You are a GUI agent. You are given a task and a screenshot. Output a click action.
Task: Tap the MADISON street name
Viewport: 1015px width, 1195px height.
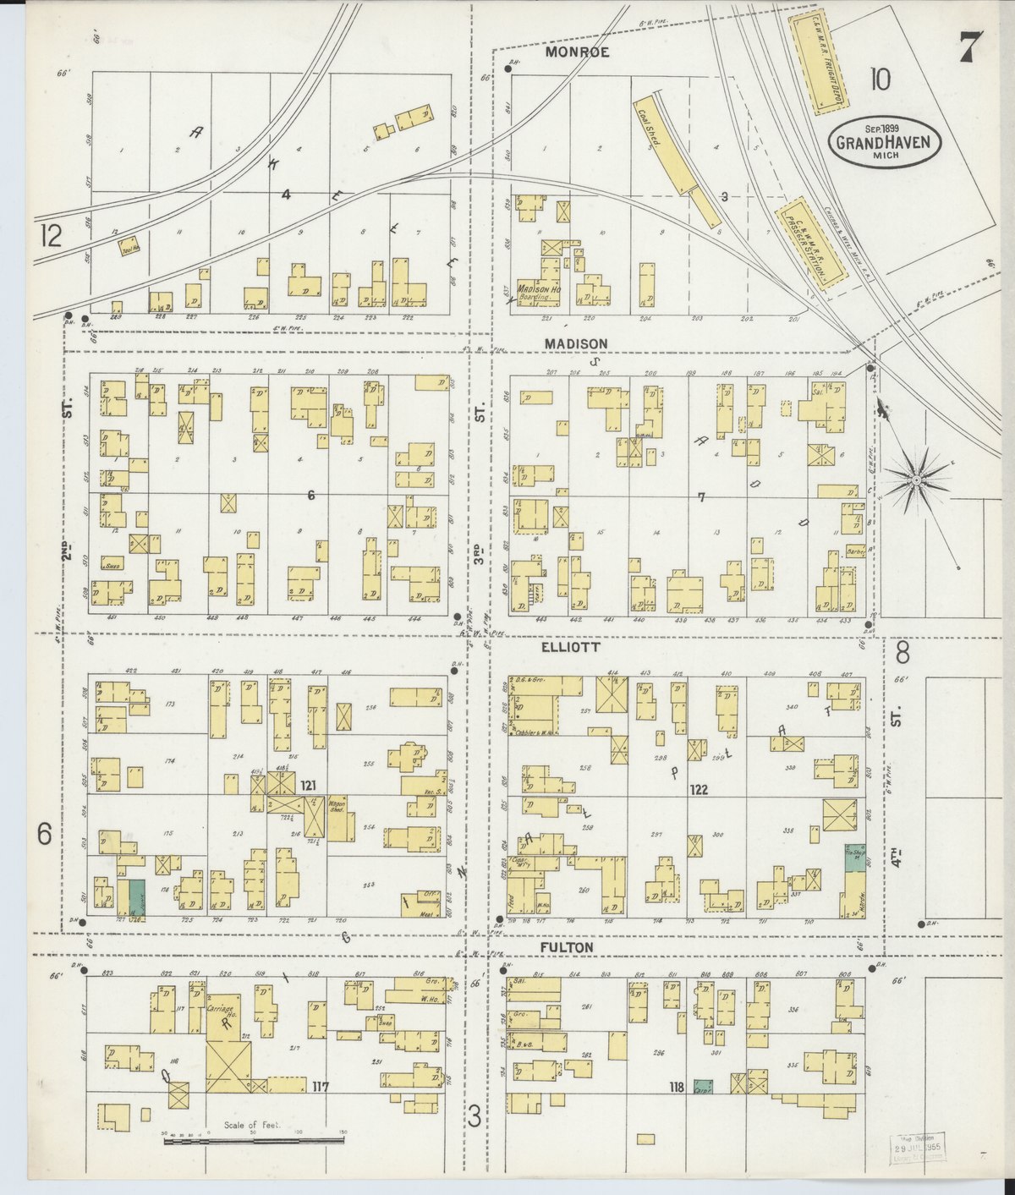tap(577, 343)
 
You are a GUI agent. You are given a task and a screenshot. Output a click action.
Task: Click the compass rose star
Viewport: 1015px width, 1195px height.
tap(916, 480)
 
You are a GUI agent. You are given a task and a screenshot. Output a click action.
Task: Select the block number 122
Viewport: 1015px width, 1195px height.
tap(698, 791)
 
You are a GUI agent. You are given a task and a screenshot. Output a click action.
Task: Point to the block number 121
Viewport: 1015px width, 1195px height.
tap(308, 787)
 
